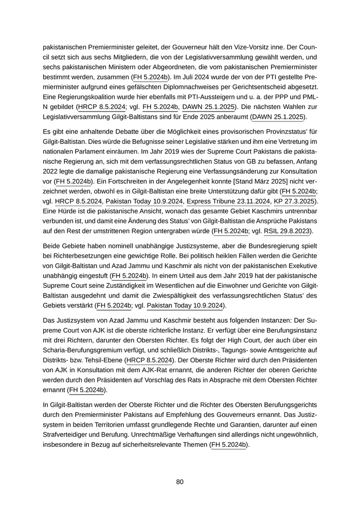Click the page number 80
(180, 482)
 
